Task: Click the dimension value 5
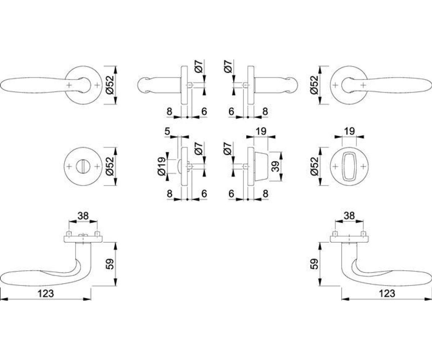pyautogui.click(x=167, y=131)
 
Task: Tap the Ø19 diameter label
pyautogui.click(x=162, y=166)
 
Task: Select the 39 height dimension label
pyautogui.click(x=275, y=166)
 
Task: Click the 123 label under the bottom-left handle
pyautogui.click(x=46, y=293)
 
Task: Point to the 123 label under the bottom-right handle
pyautogui.click(x=387, y=293)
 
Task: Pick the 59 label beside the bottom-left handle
pyautogui.click(x=110, y=264)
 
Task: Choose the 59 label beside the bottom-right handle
pyautogui.click(x=314, y=264)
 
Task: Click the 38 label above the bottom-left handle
pyautogui.click(x=83, y=216)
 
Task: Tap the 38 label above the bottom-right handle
pyautogui.click(x=349, y=215)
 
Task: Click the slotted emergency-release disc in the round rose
pyautogui.click(x=83, y=166)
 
